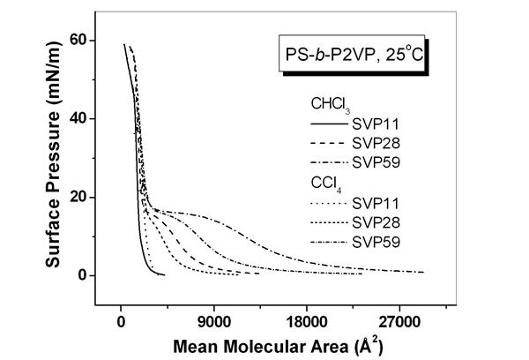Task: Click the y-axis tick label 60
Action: tap(78, 41)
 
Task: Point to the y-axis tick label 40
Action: tap(78, 118)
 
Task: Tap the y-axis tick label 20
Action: tap(78, 197)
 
